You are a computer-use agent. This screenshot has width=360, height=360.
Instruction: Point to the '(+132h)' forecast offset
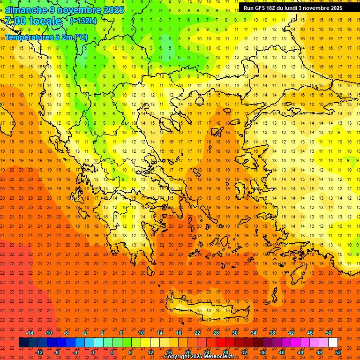click(x=83, y=21)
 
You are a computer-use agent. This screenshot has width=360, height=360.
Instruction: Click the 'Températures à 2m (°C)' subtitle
click(x=46, y=37)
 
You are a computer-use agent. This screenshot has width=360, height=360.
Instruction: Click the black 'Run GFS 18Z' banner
click(x=292, y=8)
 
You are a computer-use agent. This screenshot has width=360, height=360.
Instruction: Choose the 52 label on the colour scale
click(x=338, y=352)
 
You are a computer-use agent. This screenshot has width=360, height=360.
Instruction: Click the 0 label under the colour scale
click(x=93, y=352)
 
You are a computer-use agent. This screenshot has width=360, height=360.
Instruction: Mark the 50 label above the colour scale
click(x=329, y=333)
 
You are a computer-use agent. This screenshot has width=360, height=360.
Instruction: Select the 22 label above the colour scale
click(x=197, y=333)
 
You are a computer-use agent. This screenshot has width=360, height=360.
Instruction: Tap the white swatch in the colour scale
click(x=333, y=343)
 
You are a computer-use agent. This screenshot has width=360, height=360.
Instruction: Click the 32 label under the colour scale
click(x=244, y=352)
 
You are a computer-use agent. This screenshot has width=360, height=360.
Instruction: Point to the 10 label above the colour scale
click(x=141, y=333)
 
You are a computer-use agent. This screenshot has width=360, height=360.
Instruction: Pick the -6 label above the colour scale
click(x=66, y=333)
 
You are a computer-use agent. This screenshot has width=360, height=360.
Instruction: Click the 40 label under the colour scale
click(x=282, y=352)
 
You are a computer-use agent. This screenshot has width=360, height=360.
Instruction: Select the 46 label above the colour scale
click(x=310, y=333)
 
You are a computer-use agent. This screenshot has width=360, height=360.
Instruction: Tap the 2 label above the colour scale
click(x=103, y=333)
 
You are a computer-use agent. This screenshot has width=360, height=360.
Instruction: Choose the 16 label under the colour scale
click(x=169, y=352)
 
